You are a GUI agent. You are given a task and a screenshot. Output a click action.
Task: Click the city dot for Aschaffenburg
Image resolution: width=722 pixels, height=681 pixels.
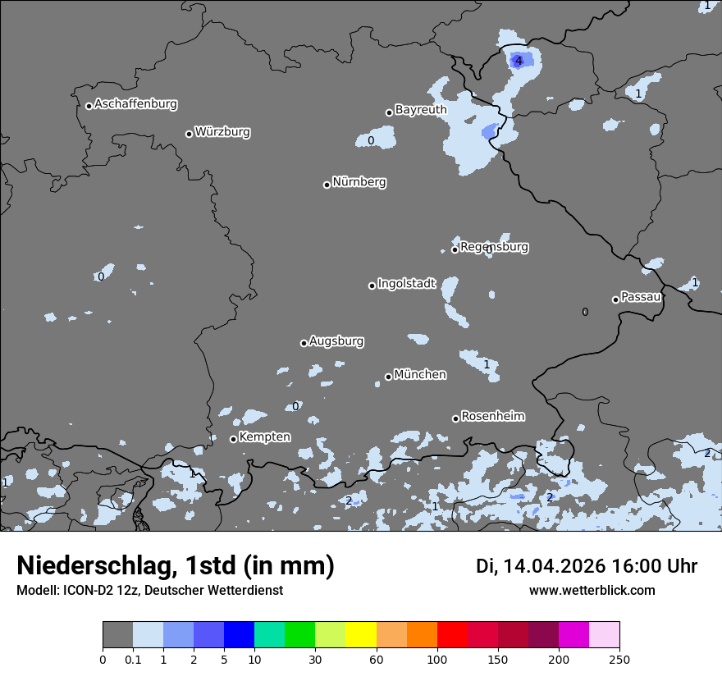(89, 106)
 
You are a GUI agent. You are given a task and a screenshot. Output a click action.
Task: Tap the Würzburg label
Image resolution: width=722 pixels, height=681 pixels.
(222, 132)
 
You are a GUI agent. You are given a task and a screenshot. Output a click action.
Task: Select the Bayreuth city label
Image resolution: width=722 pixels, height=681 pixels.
(421, 110)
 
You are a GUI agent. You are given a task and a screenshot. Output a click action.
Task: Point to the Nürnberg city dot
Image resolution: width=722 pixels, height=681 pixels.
(327, 185)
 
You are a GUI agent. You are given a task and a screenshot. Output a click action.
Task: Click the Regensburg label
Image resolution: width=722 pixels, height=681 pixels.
(494, 247)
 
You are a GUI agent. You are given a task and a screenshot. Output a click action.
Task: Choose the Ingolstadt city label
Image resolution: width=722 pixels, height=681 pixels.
(406, 284)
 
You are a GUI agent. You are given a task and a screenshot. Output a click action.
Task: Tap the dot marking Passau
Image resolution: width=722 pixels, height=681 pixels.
(615, 299)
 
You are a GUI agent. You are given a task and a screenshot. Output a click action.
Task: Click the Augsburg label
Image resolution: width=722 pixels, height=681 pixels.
(336, 341)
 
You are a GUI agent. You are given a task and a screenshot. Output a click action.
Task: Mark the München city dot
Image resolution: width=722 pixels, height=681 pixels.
(388, 377)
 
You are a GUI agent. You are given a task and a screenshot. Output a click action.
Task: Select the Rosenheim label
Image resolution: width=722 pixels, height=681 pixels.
(492, 417)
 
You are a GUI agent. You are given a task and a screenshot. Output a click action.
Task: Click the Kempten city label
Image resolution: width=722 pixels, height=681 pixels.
(264, 437)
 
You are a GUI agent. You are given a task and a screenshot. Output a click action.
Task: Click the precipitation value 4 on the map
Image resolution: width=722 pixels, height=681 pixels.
(519, 61)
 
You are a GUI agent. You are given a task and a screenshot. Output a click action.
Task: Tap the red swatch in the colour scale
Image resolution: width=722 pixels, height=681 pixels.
(452, 635)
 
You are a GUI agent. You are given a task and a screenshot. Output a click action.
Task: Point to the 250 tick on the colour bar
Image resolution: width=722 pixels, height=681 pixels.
(619, 660)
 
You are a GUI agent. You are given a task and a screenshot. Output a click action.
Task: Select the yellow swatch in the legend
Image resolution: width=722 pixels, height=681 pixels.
(361, 635)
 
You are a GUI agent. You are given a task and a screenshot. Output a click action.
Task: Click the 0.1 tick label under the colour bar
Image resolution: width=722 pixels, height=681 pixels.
(133, 660)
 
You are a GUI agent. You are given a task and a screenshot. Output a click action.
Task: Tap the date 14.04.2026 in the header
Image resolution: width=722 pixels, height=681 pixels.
(554, 566)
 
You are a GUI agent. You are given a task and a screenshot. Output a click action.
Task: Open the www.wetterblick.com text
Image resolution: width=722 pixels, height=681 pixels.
(592, 590)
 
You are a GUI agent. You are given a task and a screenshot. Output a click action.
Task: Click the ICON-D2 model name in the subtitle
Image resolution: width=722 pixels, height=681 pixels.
(82, 590)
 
